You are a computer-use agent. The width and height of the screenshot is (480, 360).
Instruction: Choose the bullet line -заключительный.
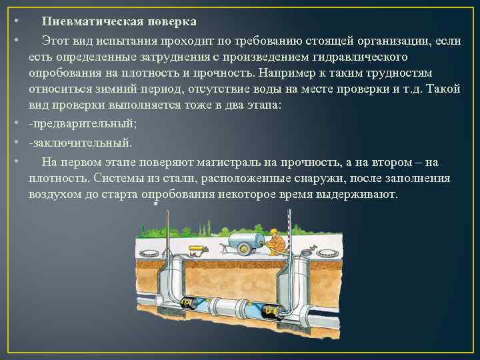pyautogui.click(x=81, y=142)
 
